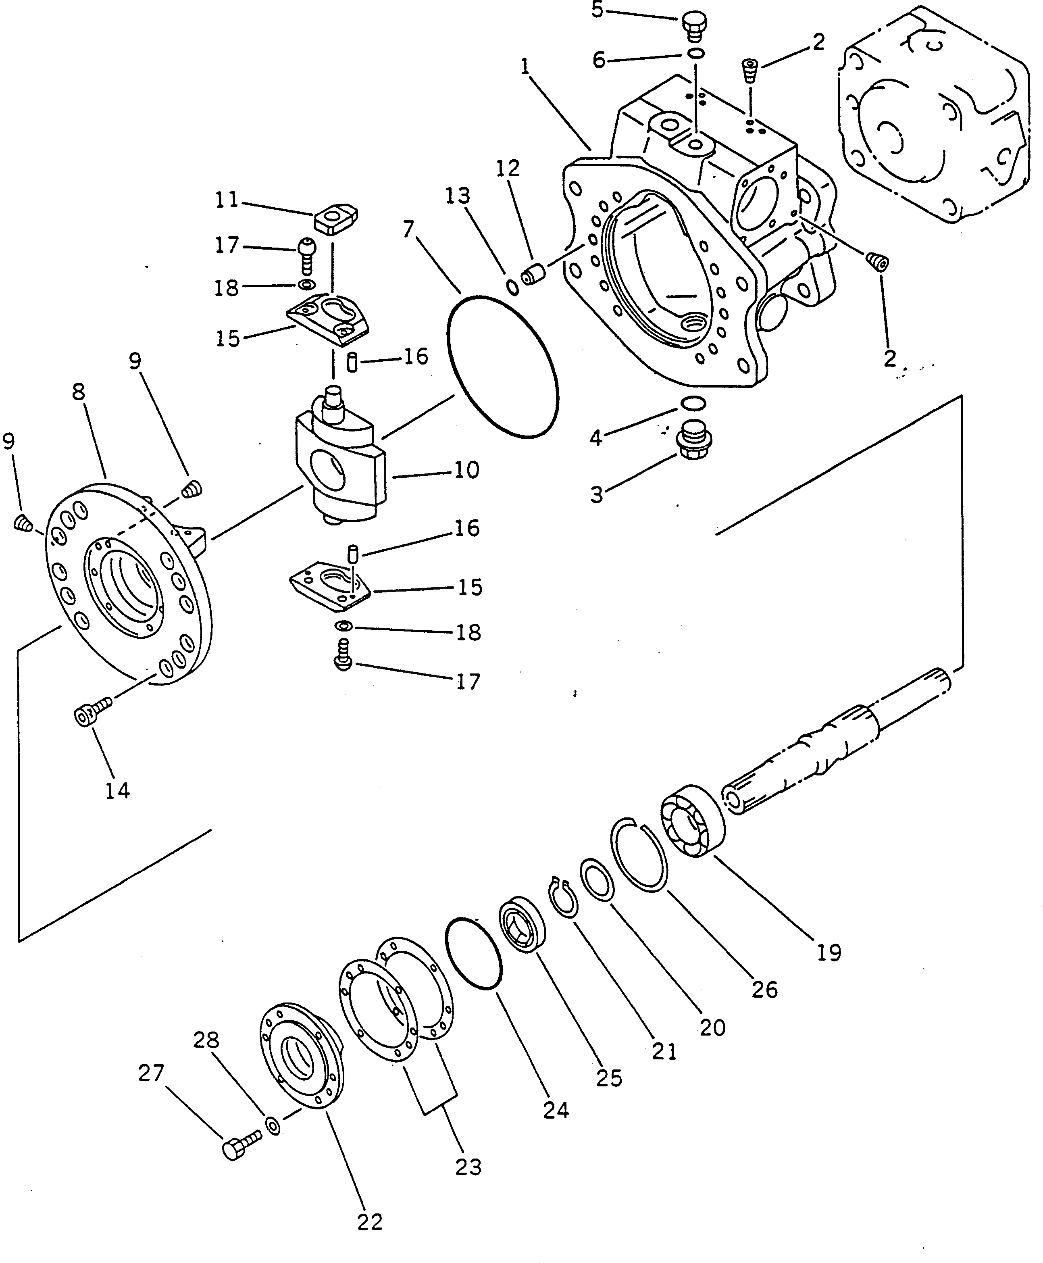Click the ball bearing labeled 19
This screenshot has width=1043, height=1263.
coord(693,821)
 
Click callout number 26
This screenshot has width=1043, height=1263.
coord(764,989)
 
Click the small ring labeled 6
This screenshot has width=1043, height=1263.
coord(696,54)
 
